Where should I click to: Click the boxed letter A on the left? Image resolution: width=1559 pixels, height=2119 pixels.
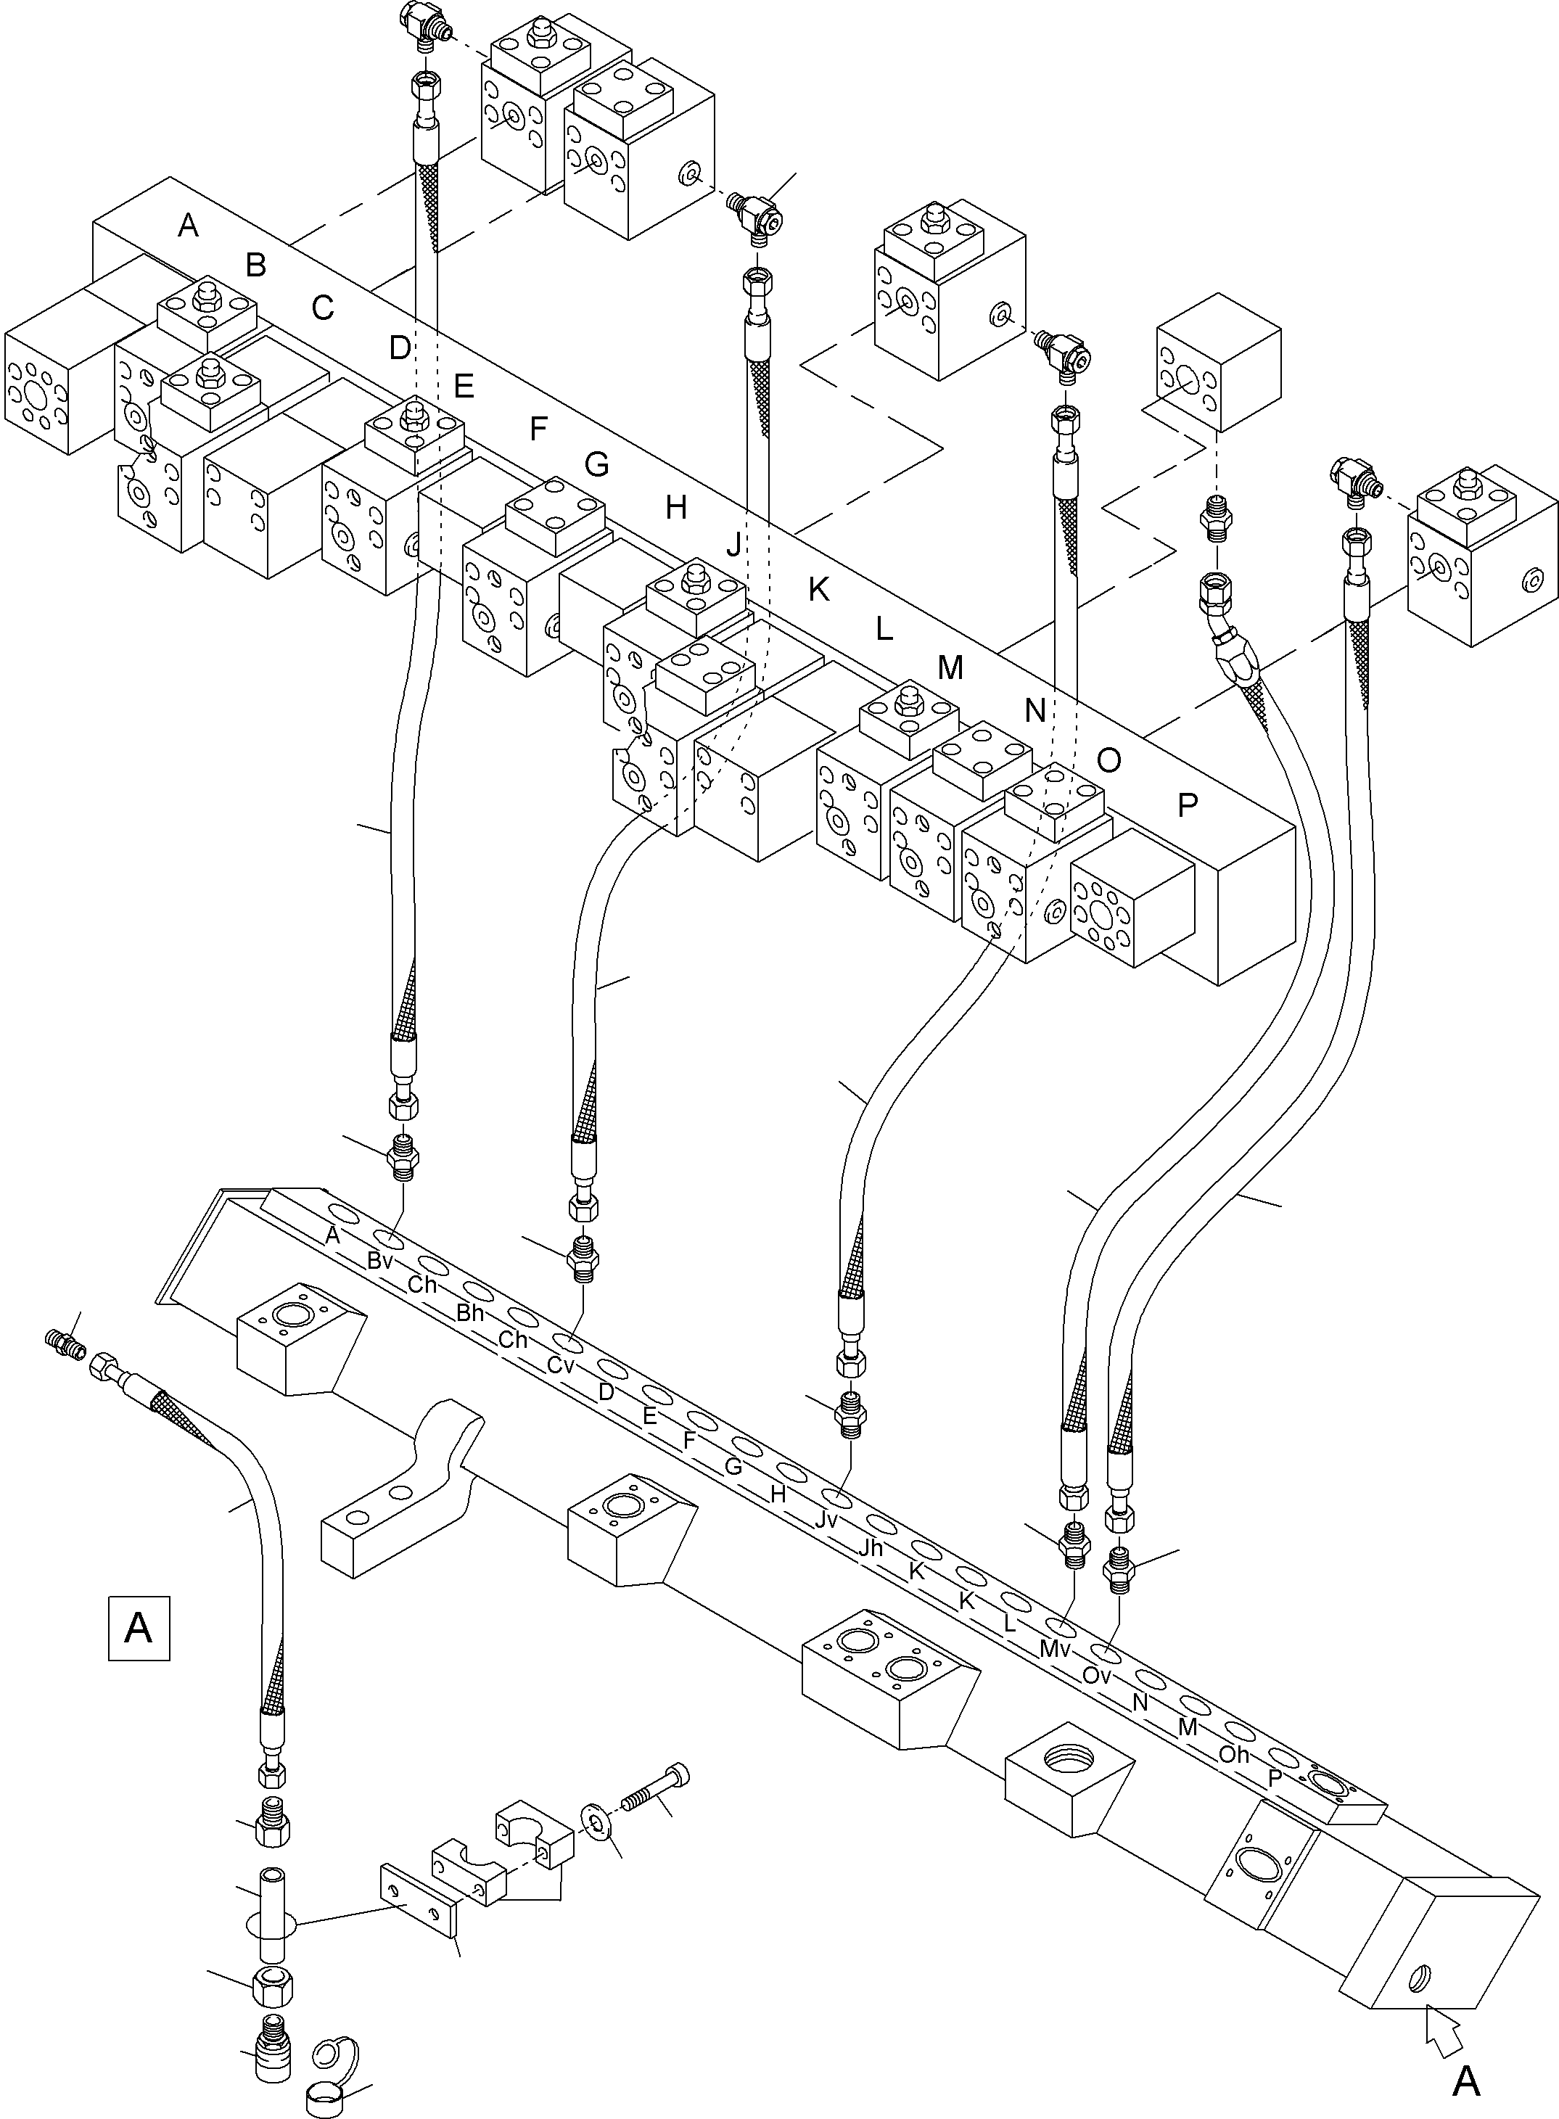click(139, 1627)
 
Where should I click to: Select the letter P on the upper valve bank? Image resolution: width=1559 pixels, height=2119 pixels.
click(1187, 805)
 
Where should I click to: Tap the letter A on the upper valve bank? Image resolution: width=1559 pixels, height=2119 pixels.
click(189, 226)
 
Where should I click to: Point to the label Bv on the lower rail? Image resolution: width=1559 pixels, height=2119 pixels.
click(380, 1261)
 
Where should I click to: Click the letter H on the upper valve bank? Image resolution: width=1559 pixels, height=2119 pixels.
click(675, 508)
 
